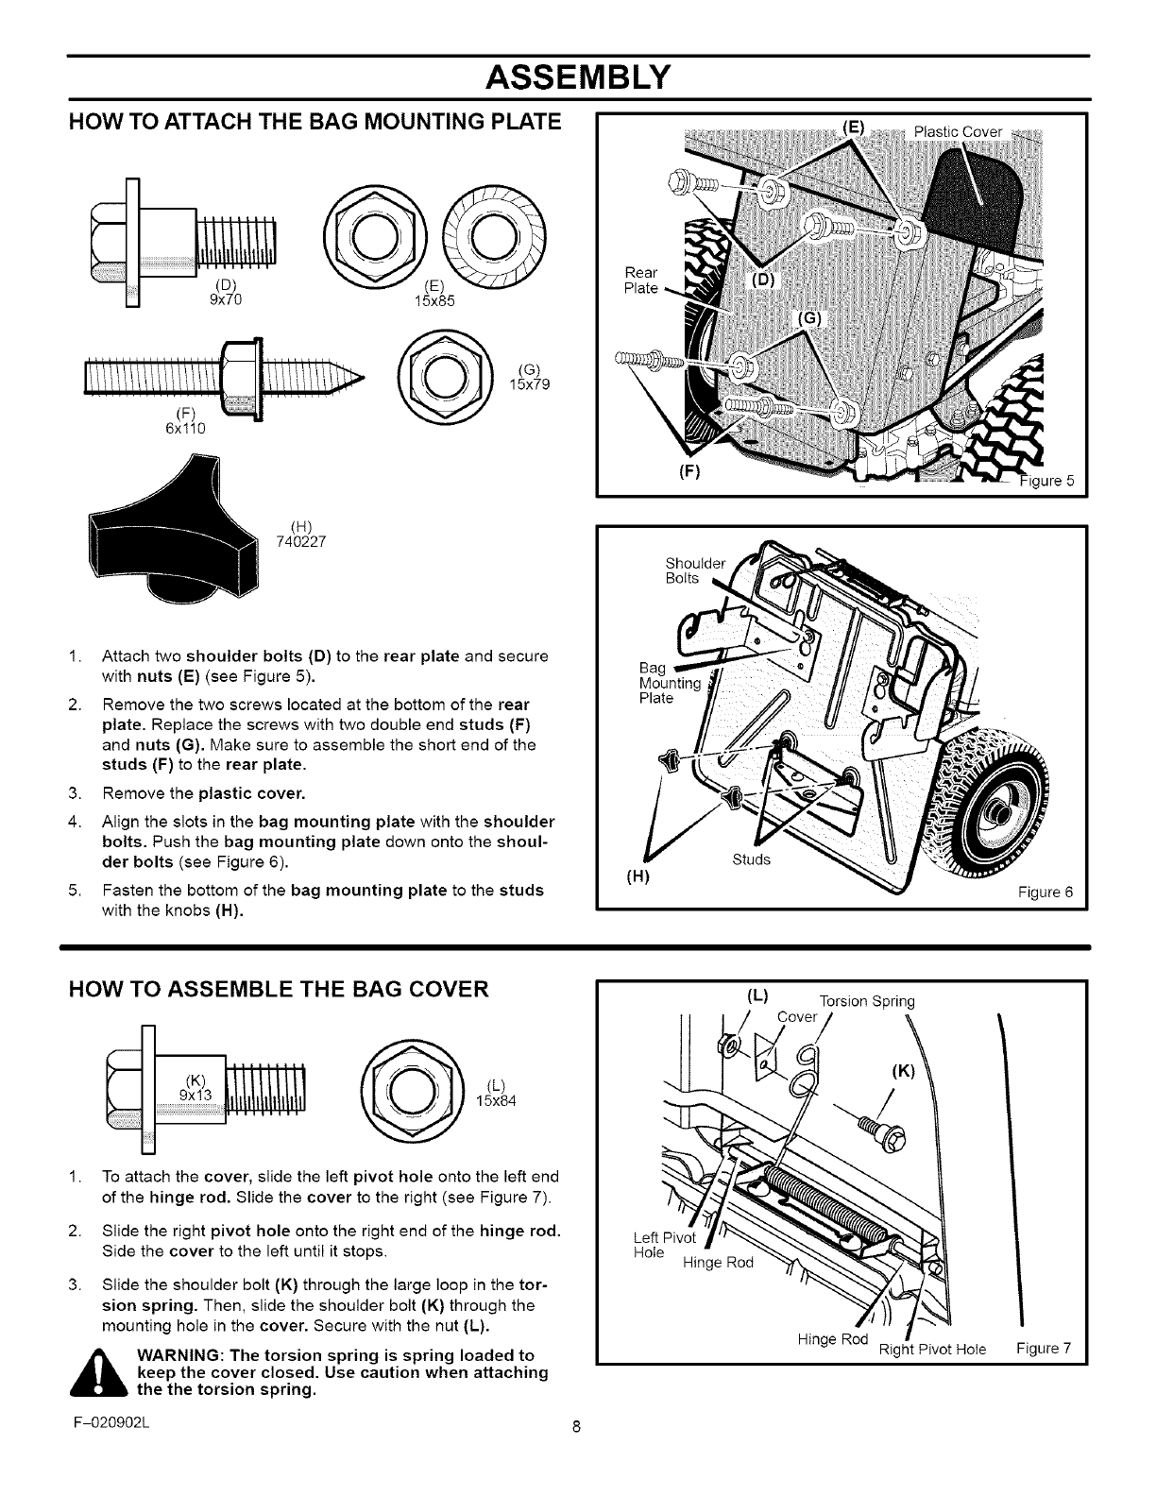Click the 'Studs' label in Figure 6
[x=752, y=859]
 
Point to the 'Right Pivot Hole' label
[x=931, y=1349]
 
